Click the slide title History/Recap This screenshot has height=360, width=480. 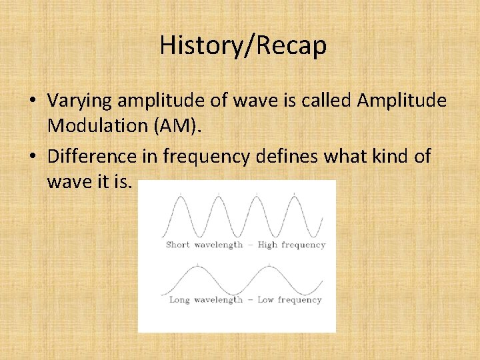[243, 46]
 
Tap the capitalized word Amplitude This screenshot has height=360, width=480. [402, 101]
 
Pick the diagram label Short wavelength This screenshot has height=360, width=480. [204, 245]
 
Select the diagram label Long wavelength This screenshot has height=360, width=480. [205, 300]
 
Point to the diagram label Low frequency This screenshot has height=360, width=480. [289, 300]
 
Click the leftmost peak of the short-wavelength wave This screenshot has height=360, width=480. [178, 197]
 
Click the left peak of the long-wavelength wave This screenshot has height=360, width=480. [197, 266]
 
